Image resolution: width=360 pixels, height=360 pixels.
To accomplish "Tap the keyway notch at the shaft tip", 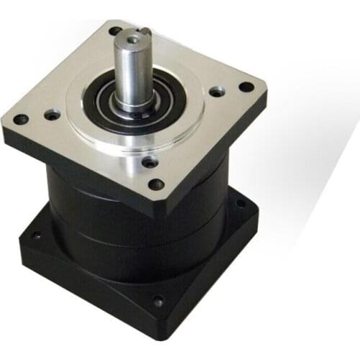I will [x=145, y=31].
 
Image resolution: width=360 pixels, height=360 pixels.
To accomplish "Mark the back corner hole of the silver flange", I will [x=114, y=31].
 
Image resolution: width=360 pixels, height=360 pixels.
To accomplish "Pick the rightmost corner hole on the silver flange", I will [x=246, y=87].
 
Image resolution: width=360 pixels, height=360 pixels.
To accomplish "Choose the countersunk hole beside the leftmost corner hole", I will [x=52, y=114].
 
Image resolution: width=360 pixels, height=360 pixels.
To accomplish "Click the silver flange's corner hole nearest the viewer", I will [x=156, y=184].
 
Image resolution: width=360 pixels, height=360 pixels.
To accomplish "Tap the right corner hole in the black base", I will [x=240, y=204].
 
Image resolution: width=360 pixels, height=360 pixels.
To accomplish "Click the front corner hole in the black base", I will [x=158, y=303].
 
